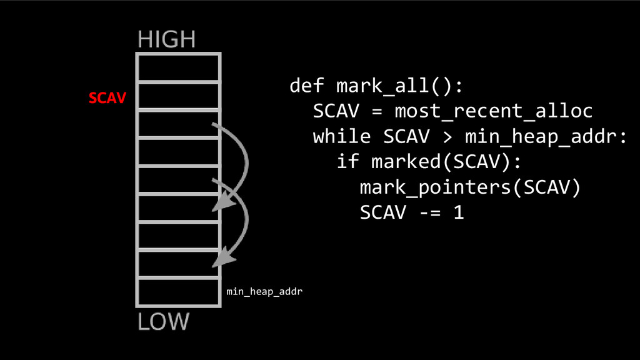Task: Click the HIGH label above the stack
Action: click(166, 40)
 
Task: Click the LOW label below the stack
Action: click(162, 322)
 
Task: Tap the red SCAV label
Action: click(107, 98)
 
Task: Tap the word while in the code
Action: click(342, 136)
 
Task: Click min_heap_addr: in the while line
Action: click(545, 136)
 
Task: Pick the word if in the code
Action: click(347, 162)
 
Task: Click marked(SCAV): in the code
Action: click(445, 162)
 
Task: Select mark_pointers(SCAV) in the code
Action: click(470, 187)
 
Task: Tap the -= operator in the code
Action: click(423, 212)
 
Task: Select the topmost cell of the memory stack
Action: click(178, 67)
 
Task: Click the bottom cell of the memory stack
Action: click(178, 291)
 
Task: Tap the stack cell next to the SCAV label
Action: click(178, 96)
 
